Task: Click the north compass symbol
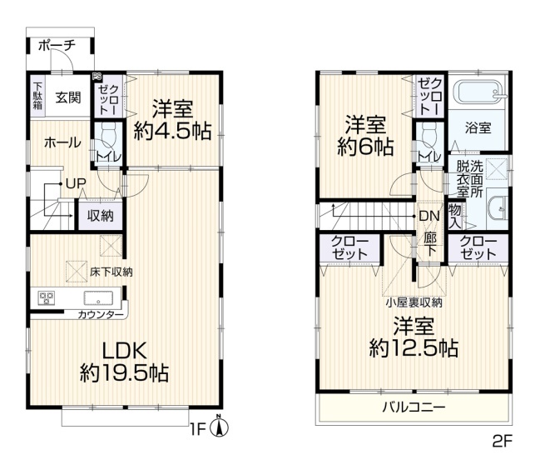(x=220, y=427)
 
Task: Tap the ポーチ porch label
(x=57, y=46)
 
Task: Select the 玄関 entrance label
(x=68, y=97)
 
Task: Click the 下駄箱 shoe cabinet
(x=37, y=97)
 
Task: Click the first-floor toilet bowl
(x=109, y=134)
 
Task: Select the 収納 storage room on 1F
(x=101, y=216)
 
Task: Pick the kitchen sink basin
(x=99, y=297)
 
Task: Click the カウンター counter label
(x=101, y=315)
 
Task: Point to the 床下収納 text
(x=111, y=272)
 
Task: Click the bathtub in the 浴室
(x=478, y=92)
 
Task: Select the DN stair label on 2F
(x=429, y=216)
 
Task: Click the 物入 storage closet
(x=455, y=217)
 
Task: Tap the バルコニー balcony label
(x=414, y=407)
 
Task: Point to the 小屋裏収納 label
(x=414, y=302)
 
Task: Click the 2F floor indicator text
(x=503, y=442)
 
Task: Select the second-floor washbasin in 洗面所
(x=498, y=208)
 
